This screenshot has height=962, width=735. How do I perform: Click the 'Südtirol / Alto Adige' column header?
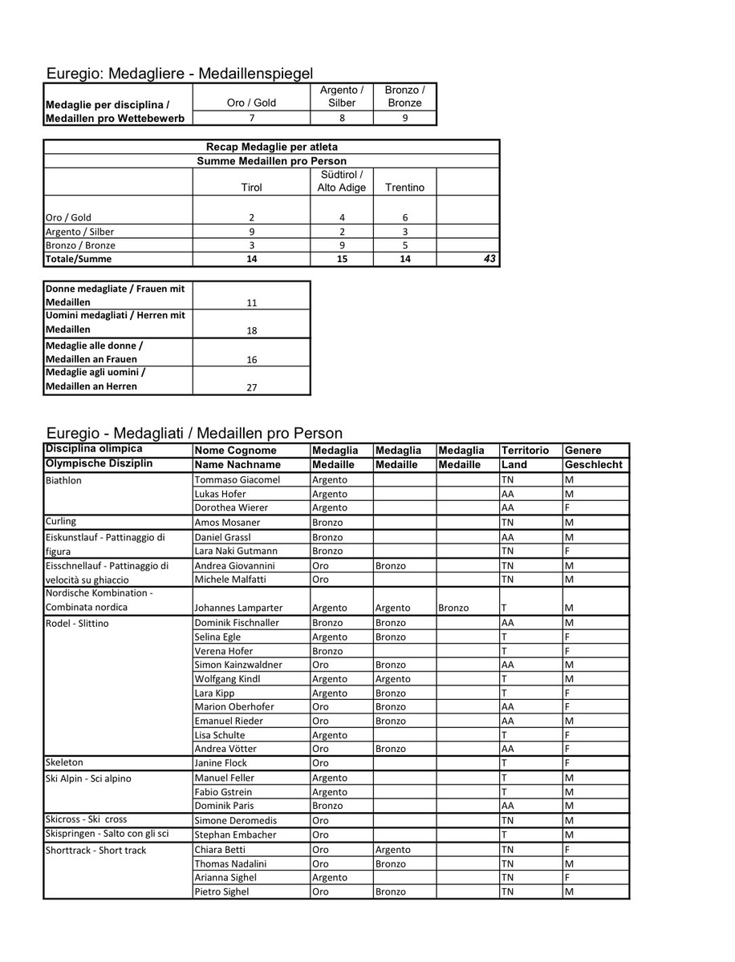[342, 181]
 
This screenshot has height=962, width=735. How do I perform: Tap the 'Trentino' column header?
[405, 188]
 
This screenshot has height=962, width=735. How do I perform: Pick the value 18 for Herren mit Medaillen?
[251, 329]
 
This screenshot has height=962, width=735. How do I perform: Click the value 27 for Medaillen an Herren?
[251, 386]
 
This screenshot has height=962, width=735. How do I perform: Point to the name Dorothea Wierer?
[231, 507]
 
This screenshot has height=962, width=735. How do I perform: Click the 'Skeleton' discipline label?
[64, 762]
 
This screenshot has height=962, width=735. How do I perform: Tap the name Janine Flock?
[221, 763]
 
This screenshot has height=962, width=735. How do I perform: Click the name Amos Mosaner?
[227, 522]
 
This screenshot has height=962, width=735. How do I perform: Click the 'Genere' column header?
[583, 451]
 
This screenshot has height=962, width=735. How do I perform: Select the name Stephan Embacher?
[235, 835]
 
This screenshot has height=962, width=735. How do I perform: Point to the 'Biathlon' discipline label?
[63, 480]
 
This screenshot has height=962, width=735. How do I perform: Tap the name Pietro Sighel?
[221, 891]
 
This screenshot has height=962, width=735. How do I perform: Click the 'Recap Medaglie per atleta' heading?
[271, 147]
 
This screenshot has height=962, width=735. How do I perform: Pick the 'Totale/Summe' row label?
[79, 259]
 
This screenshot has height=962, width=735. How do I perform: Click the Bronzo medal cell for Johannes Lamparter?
[454, 608]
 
